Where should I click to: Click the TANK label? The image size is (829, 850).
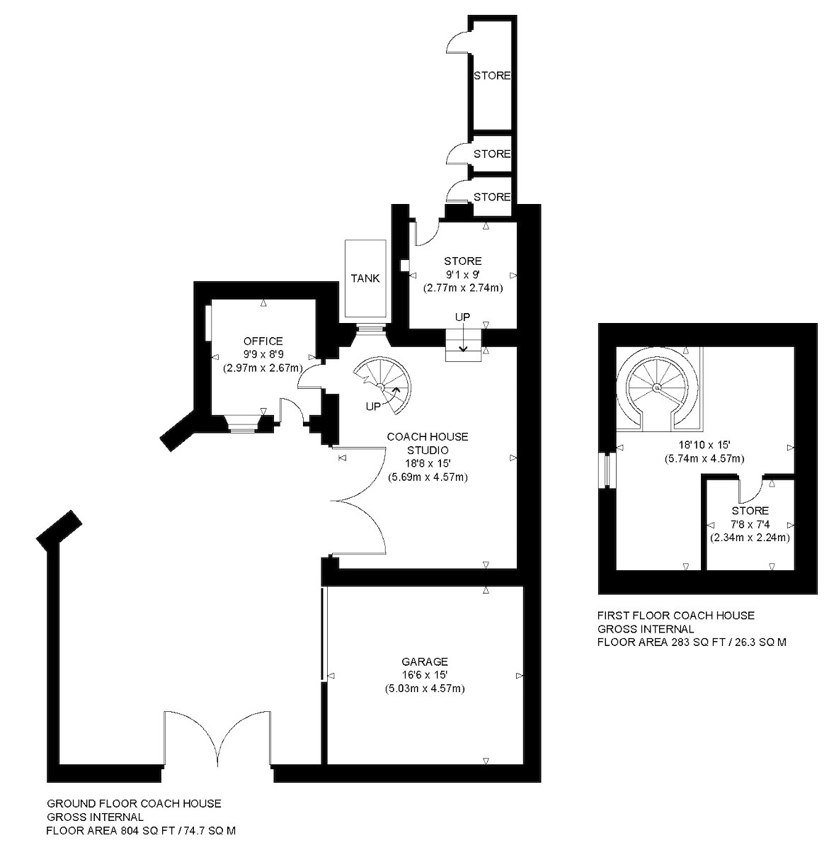[x=365, y=278]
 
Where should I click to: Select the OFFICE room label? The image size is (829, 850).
[x=263, y=341]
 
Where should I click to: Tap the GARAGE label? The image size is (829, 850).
[x=425, y=662]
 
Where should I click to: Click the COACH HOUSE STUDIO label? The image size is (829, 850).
[x=428, y=443]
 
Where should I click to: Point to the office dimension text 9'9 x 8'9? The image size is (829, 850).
[x=263, y=354]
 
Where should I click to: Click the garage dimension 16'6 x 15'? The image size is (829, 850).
[x=425, y=675]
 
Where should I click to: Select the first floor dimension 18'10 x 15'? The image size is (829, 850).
[x=704, y=445]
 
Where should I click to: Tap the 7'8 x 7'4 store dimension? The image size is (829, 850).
[x=750, y=524]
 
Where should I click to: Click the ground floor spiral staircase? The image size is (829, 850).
[x=383, y=385]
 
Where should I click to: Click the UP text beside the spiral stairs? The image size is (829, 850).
[x=373, y=407]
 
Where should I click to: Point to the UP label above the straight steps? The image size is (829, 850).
[x=463, y=317]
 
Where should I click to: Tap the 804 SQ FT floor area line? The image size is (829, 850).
[x=141, y=830]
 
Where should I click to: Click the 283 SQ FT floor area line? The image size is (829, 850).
[x=692, y=642]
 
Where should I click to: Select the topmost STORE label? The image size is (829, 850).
[x=492, y=76]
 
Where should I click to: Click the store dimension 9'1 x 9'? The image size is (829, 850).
[x=463, y=275]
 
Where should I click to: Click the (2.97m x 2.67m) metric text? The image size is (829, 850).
[x=263, y=368]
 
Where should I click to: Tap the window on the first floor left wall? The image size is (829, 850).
[x=607, y=470]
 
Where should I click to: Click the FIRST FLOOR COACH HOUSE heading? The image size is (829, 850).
[x=676, y=616]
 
